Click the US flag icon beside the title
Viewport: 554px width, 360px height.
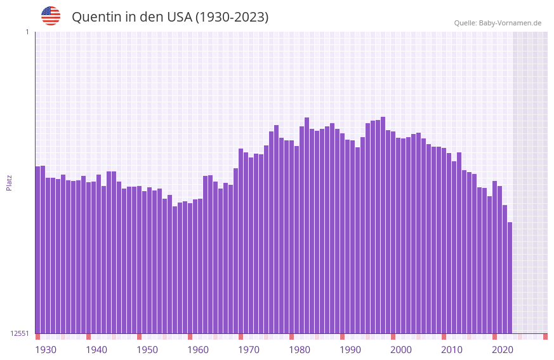pyautogui.click(x=51, y=16)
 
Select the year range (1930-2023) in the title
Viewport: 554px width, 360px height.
pyautogui.click(x=231, y=17)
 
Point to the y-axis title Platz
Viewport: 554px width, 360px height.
pyautogui.click(x=9, y=182)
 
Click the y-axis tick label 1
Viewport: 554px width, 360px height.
pyautogui.click(x=27, y=32)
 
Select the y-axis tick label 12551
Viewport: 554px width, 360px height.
pyautogui.click(x=20, y=333)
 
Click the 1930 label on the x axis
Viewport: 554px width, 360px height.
pyautogui.click(x=46, y=350)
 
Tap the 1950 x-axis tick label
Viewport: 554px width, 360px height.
pyautogui.click(x=147, y=350)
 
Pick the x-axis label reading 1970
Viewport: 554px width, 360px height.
pyautogui.click(x=249, y=350)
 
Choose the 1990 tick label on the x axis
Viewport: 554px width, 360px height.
pyautogui.click(x=350, y=350)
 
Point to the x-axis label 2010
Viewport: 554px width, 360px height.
pyautogui.click(x=452, y=350)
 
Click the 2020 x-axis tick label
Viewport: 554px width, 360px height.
pyautogui.click(x=503, y=350)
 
